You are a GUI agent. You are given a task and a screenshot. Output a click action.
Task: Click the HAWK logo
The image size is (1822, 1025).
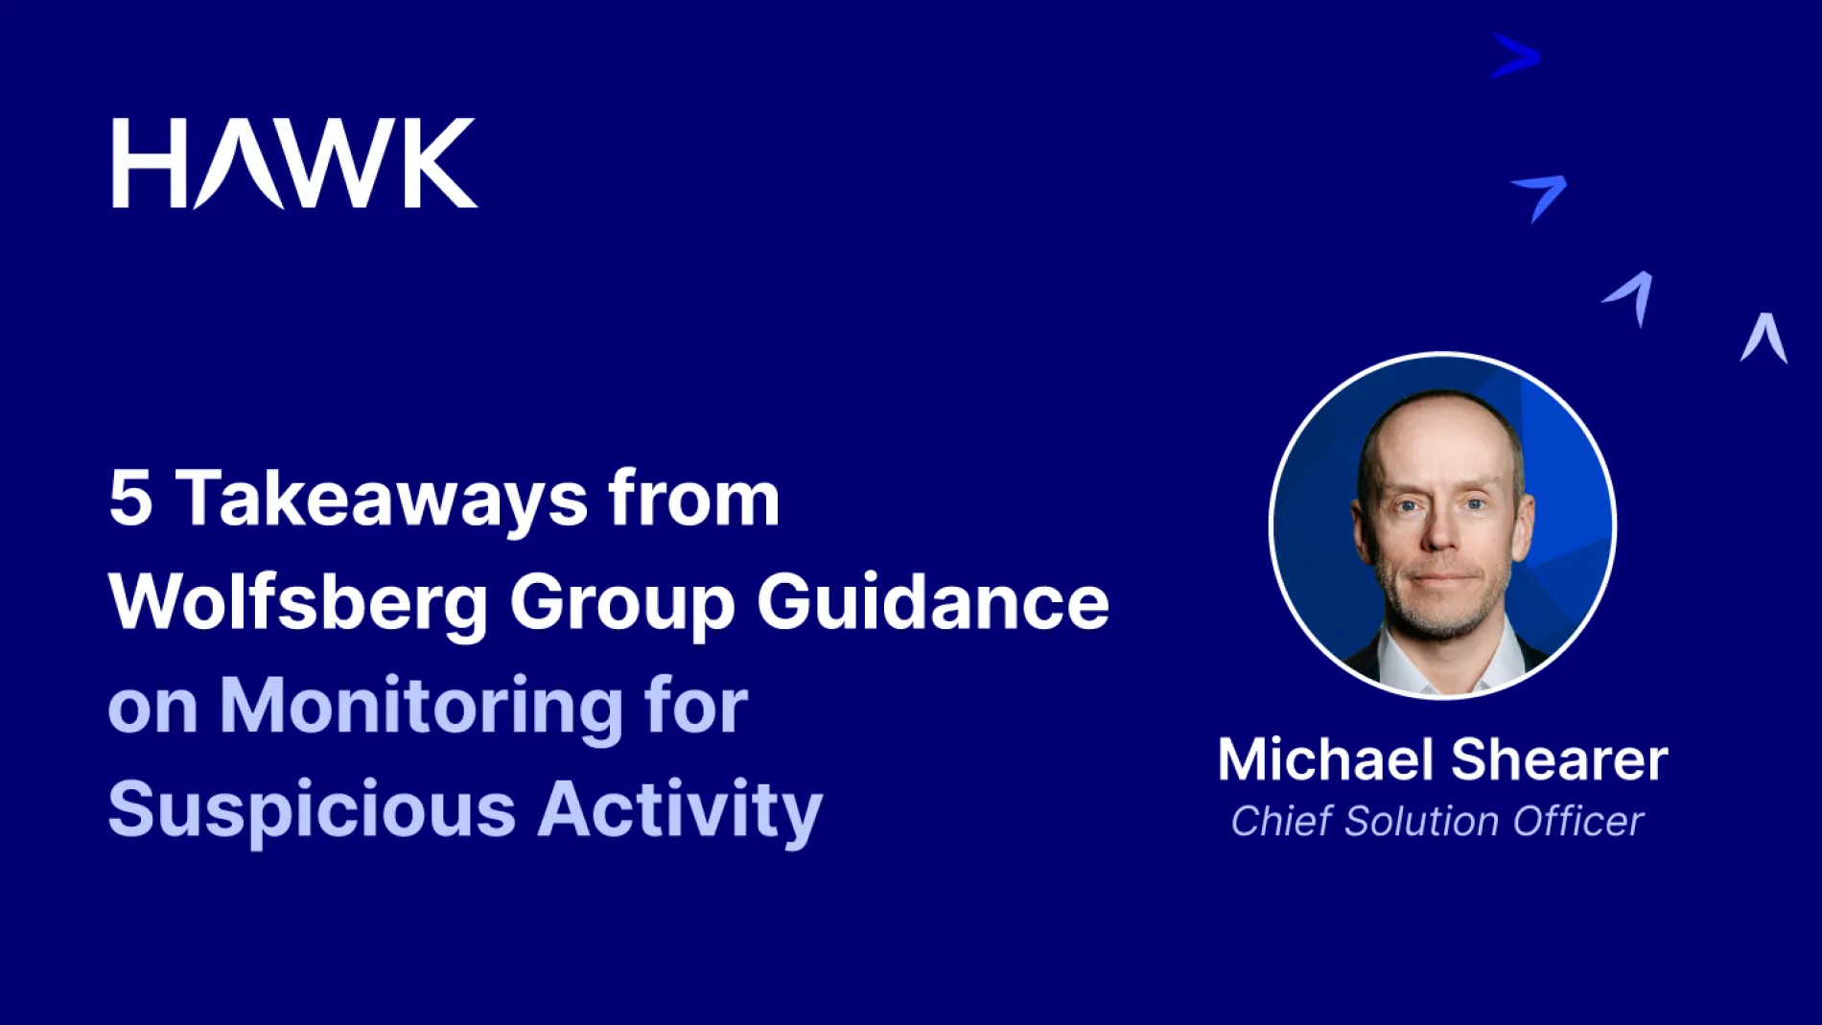click(294, 163)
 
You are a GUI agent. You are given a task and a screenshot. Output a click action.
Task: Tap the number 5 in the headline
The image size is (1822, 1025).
click(130, 499)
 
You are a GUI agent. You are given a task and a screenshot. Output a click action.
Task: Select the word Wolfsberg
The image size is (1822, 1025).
click(298, 603)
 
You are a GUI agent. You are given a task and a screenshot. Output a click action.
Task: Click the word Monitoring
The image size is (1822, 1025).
click(422, 707)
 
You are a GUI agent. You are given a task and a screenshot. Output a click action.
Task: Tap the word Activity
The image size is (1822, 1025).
click(680, 810)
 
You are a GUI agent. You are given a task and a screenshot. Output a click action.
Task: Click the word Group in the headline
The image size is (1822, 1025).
click(621, 604)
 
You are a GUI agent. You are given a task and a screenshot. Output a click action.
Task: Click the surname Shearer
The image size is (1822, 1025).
click(1559, 759)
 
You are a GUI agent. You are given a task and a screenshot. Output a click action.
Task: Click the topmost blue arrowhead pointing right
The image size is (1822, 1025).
click(1516, 56)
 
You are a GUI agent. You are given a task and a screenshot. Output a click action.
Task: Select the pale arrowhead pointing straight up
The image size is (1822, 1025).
click(1764, 338)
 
